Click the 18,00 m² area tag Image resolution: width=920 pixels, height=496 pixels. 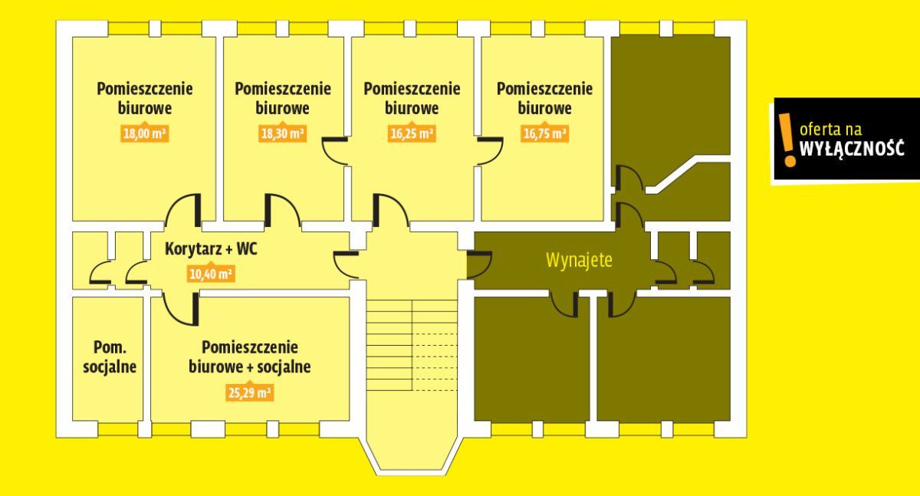pos(145,133)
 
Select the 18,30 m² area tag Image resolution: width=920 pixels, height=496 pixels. pos(283,133)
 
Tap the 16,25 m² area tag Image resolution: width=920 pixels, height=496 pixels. pos(412,133)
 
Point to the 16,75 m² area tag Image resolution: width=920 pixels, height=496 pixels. pos(544,133)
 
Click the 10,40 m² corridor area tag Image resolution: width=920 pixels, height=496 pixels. pos(211,273)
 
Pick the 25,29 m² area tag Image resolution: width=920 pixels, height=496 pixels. pos(250,392)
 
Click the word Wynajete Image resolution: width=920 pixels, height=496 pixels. pos(579,260)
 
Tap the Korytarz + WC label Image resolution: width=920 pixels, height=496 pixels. pos(211,249)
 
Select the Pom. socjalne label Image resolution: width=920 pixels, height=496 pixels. pos(110,356)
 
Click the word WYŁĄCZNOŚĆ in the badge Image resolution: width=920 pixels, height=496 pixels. pos(852,148)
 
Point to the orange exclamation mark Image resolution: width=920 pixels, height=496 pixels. pos(787,140)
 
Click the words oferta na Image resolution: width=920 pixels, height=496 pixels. pos(830,130)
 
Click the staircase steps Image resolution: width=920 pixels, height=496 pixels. pos(412,345)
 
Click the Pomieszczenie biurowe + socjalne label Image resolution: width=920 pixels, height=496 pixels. pos(250,356)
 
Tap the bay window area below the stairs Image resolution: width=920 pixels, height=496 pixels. pos(412,452)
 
